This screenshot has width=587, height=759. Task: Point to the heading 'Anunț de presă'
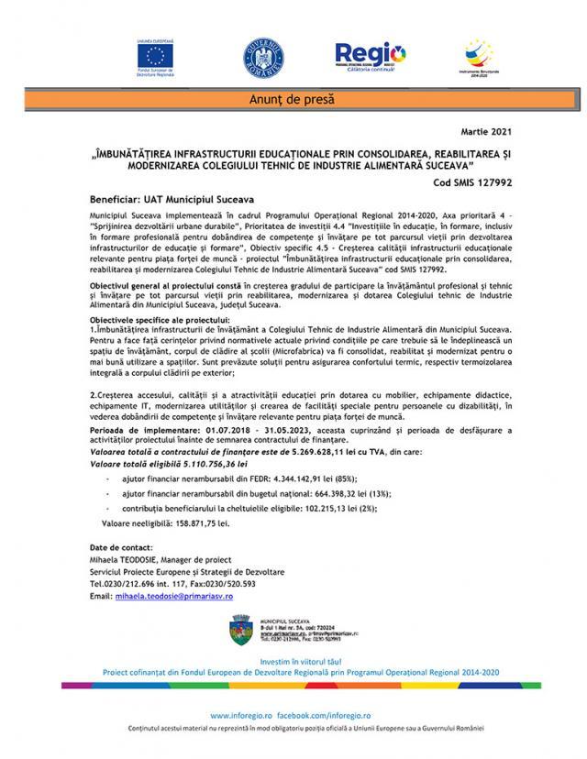click(293, 98)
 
